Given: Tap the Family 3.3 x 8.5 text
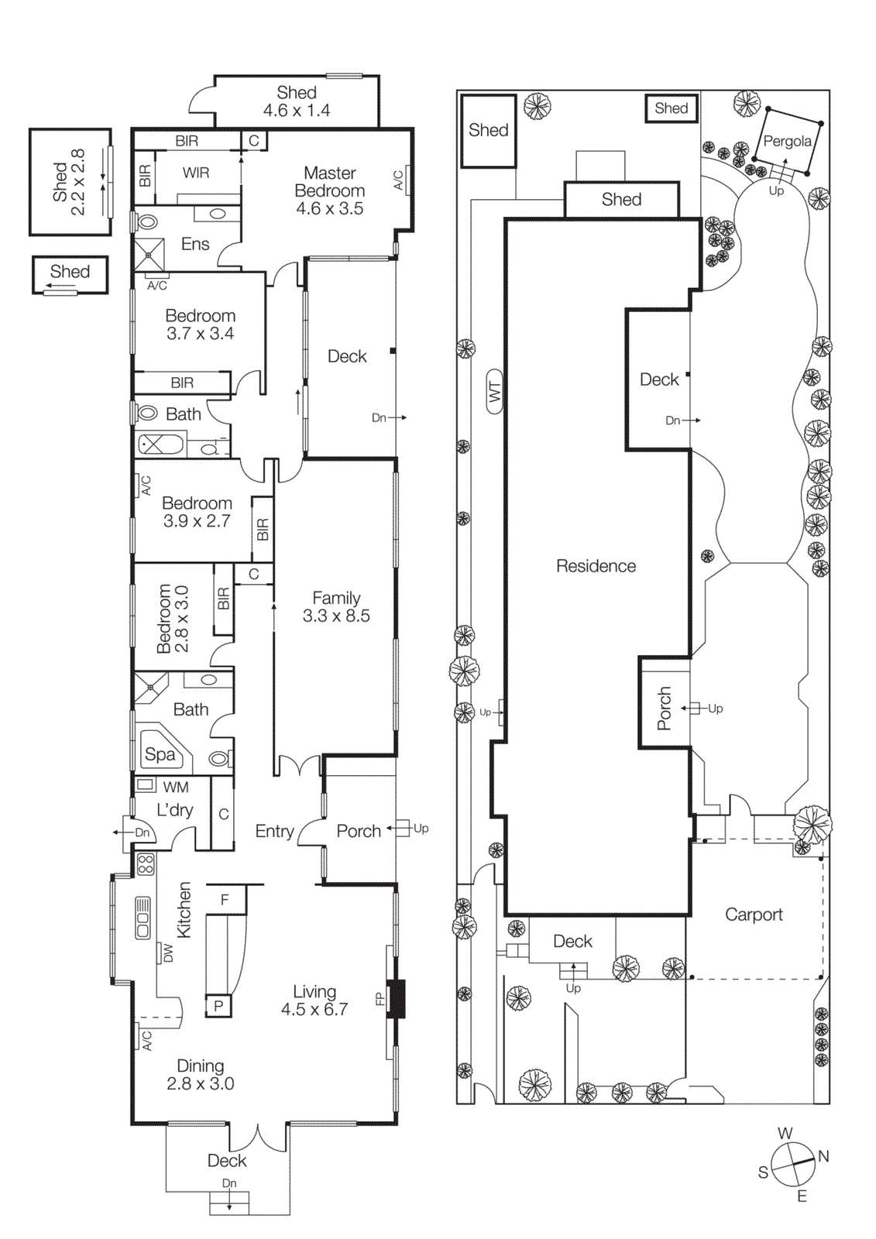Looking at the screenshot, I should coord(336,607).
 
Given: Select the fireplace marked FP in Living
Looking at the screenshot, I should coord(396,999).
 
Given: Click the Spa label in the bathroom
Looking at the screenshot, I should coord(160,754).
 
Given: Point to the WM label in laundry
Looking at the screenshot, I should coord(176,788).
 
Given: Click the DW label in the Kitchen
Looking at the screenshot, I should coord(168,953).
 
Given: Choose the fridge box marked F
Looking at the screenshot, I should coord(225,900).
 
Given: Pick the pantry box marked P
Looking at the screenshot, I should coord(218,1006).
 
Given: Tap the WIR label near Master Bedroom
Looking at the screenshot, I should coord(196,173).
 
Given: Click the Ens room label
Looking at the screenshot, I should coord(195,244).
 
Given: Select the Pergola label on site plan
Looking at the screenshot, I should coord(787,141).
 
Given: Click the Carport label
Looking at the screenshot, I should coord(754,915).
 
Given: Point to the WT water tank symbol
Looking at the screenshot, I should coord(495,393).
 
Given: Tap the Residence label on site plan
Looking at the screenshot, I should coord(596,566).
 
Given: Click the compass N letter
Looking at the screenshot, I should coord(823,1156).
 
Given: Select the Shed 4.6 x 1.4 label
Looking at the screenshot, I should coord(297,101).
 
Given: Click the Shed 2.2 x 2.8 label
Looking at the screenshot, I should coord(69,183).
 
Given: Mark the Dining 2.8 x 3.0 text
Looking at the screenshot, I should coord(201,1075).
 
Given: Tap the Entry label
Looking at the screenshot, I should coord(274,831).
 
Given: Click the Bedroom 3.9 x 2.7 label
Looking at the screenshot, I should coord(197,512).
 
